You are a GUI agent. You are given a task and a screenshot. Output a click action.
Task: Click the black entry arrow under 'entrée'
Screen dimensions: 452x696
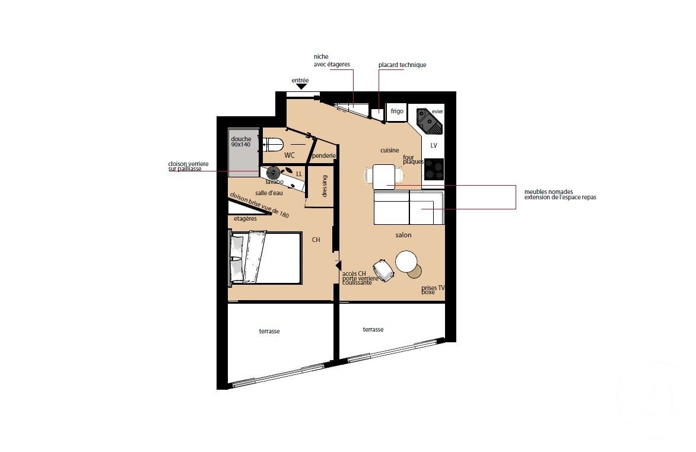tap(301, 87)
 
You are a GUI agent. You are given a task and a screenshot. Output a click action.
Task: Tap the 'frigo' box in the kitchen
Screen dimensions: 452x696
tap(396, 111)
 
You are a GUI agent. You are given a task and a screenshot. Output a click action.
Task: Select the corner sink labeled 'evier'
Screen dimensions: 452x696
tap(428, 120)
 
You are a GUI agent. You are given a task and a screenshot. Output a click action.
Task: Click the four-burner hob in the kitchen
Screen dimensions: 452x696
tap(434, 170)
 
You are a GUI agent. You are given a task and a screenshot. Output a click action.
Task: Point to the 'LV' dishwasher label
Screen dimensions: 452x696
tap(434, 145)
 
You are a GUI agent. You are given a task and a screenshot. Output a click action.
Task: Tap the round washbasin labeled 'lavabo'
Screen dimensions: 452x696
tap(273, 173)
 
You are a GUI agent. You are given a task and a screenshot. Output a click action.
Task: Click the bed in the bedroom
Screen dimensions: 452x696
tap(266, 257)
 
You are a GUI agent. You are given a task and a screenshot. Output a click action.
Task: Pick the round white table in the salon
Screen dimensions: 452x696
tap(407, 261)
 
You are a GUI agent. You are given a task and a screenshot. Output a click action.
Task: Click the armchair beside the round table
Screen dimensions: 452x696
tap(383, 271)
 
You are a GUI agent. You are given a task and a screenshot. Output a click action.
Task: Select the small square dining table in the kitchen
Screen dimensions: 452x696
tap(383, 176)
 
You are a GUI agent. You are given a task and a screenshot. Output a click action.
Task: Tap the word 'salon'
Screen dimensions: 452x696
tap(403, 235)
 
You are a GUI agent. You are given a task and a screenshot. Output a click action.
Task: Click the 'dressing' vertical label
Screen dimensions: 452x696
tap(325, 186)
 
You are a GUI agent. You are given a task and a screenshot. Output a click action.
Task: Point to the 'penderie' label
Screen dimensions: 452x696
tap(325, 156)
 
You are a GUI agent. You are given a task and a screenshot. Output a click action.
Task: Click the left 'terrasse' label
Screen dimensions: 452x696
tap(269, 332)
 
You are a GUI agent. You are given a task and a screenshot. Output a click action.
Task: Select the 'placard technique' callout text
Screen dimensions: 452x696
tap(402, 65)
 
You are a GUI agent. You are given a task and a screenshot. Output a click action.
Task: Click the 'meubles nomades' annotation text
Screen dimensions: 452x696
tap(548, 192)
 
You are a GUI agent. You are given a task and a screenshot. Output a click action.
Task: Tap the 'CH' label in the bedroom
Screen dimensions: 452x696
tap(316, 240)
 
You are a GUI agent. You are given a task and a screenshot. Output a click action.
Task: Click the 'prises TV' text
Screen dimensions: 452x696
tap(433, 288)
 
